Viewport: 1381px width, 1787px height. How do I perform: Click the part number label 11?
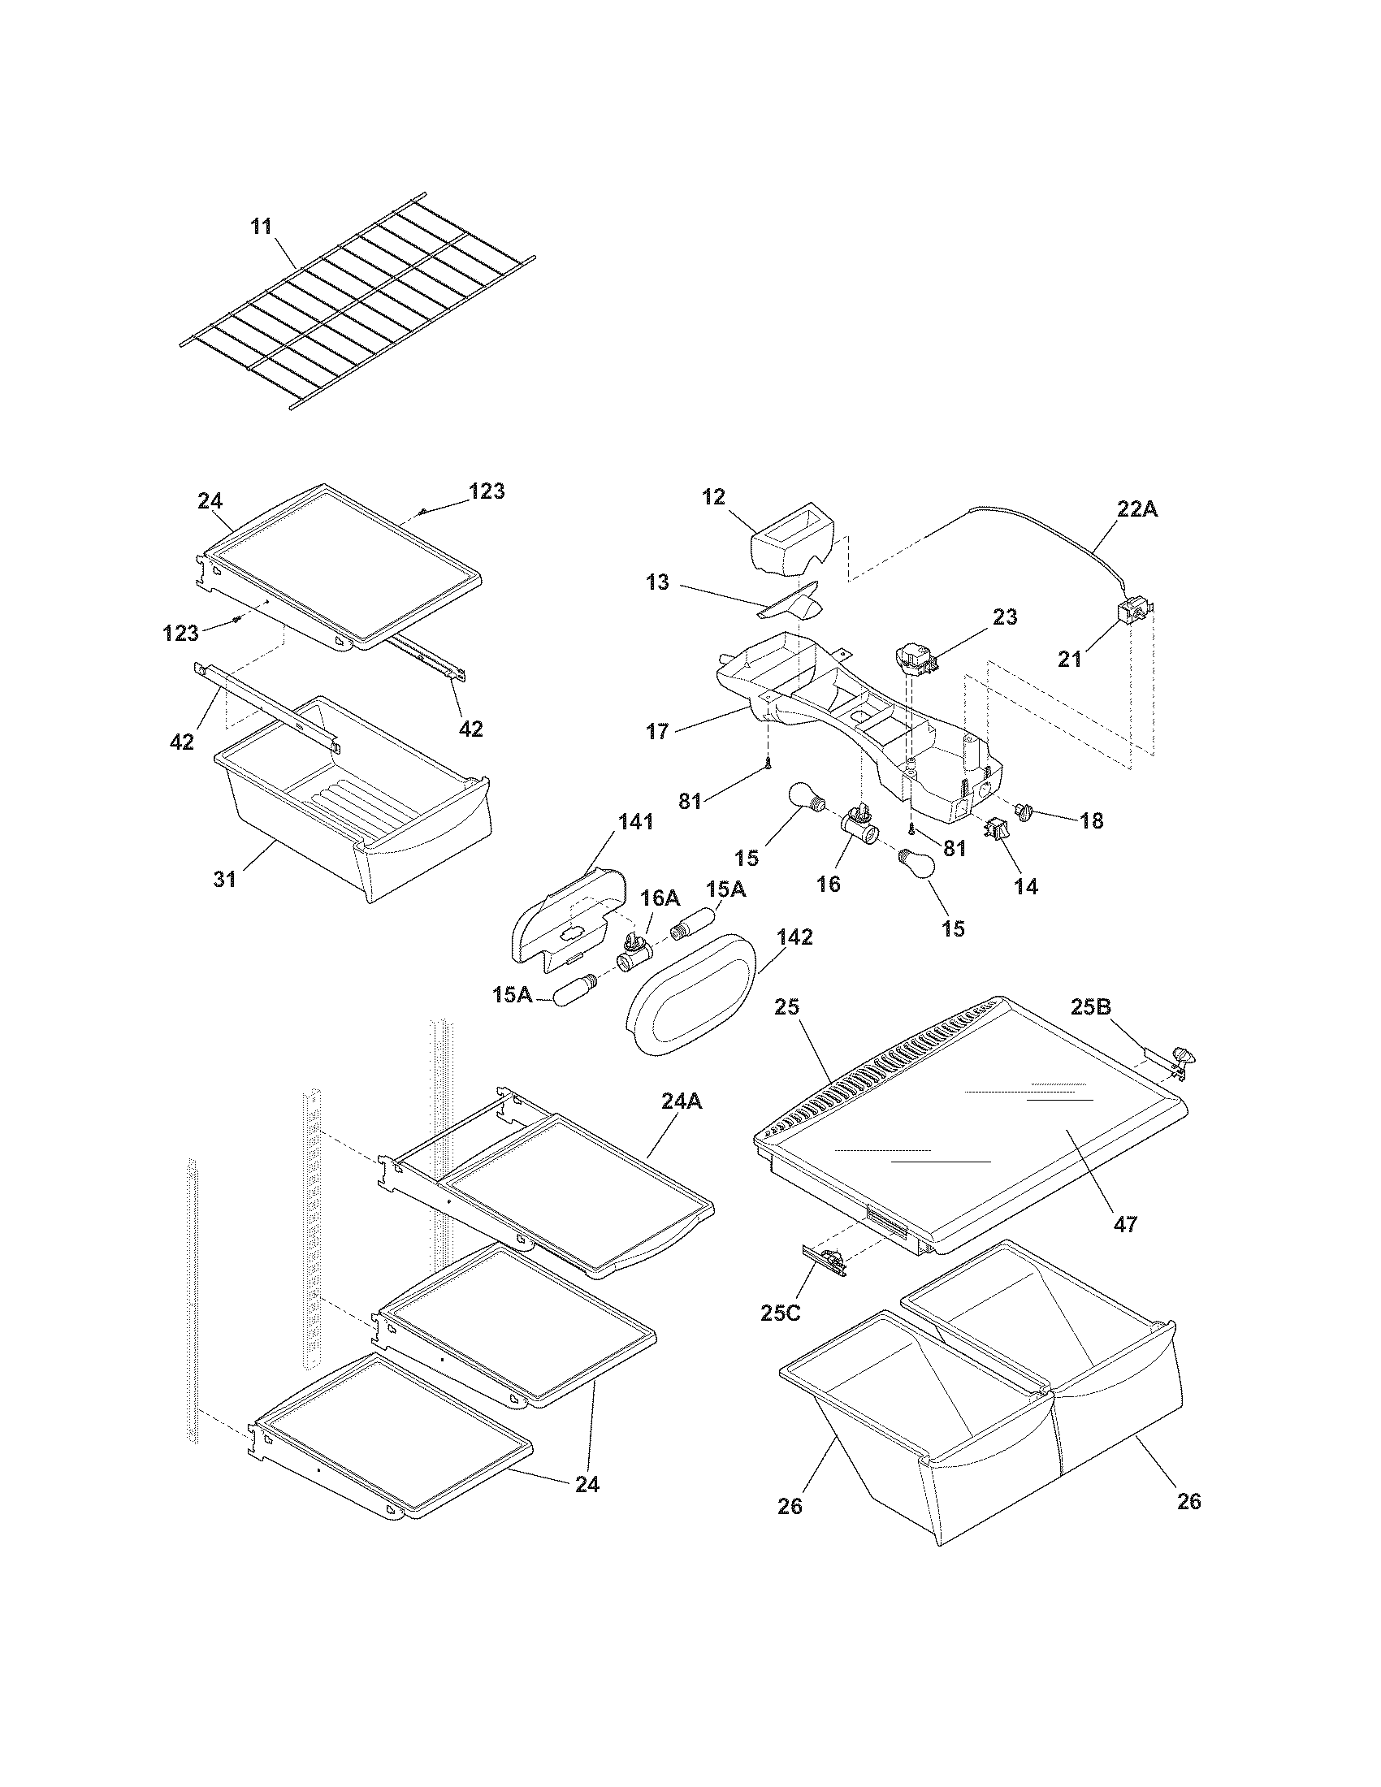[x=261, y=227]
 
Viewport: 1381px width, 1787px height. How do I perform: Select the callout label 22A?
[x=1138, y=509]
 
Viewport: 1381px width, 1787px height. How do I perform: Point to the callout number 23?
[x=1005, y=617]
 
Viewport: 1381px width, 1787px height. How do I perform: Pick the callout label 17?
[x=657, y=731]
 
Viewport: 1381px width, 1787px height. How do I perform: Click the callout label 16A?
[x=660, y=898]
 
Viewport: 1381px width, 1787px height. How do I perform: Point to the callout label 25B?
[x=1091, y=1008]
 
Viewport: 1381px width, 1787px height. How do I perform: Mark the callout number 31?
[x=224, y=879]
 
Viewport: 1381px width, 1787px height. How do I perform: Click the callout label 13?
[x=657, y=582]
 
